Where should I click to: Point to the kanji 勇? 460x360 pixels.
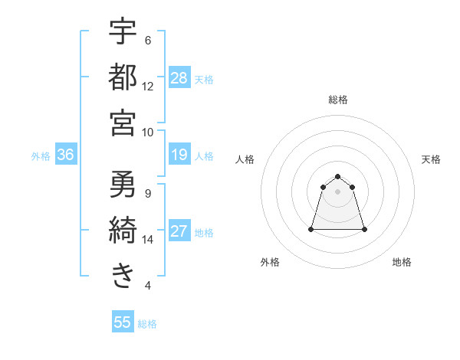coord(123,185)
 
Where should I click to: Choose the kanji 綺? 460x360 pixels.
coord(123,230)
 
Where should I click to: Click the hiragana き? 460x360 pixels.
coord(123,275)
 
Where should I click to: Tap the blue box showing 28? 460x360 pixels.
coord(179,78)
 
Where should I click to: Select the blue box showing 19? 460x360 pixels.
coord(179,155)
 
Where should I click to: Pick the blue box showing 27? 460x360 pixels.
coord(179,232)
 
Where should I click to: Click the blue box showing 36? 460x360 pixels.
coord(66,155)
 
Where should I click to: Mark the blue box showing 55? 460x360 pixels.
coord(123,322)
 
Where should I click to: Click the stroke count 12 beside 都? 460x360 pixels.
coord(148,86)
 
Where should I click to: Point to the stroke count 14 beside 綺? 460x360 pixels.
coord(148,240)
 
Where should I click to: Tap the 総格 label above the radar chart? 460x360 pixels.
coord(338,100)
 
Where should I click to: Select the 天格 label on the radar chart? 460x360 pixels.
coord(432,159)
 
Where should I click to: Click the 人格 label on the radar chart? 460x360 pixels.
coord(245,159)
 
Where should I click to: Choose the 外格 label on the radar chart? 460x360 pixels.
coord(270,263)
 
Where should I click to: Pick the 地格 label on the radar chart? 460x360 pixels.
coord(402,263)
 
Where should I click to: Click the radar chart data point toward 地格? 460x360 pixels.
coord(364,229)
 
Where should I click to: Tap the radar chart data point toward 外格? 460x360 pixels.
coord(311,229)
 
